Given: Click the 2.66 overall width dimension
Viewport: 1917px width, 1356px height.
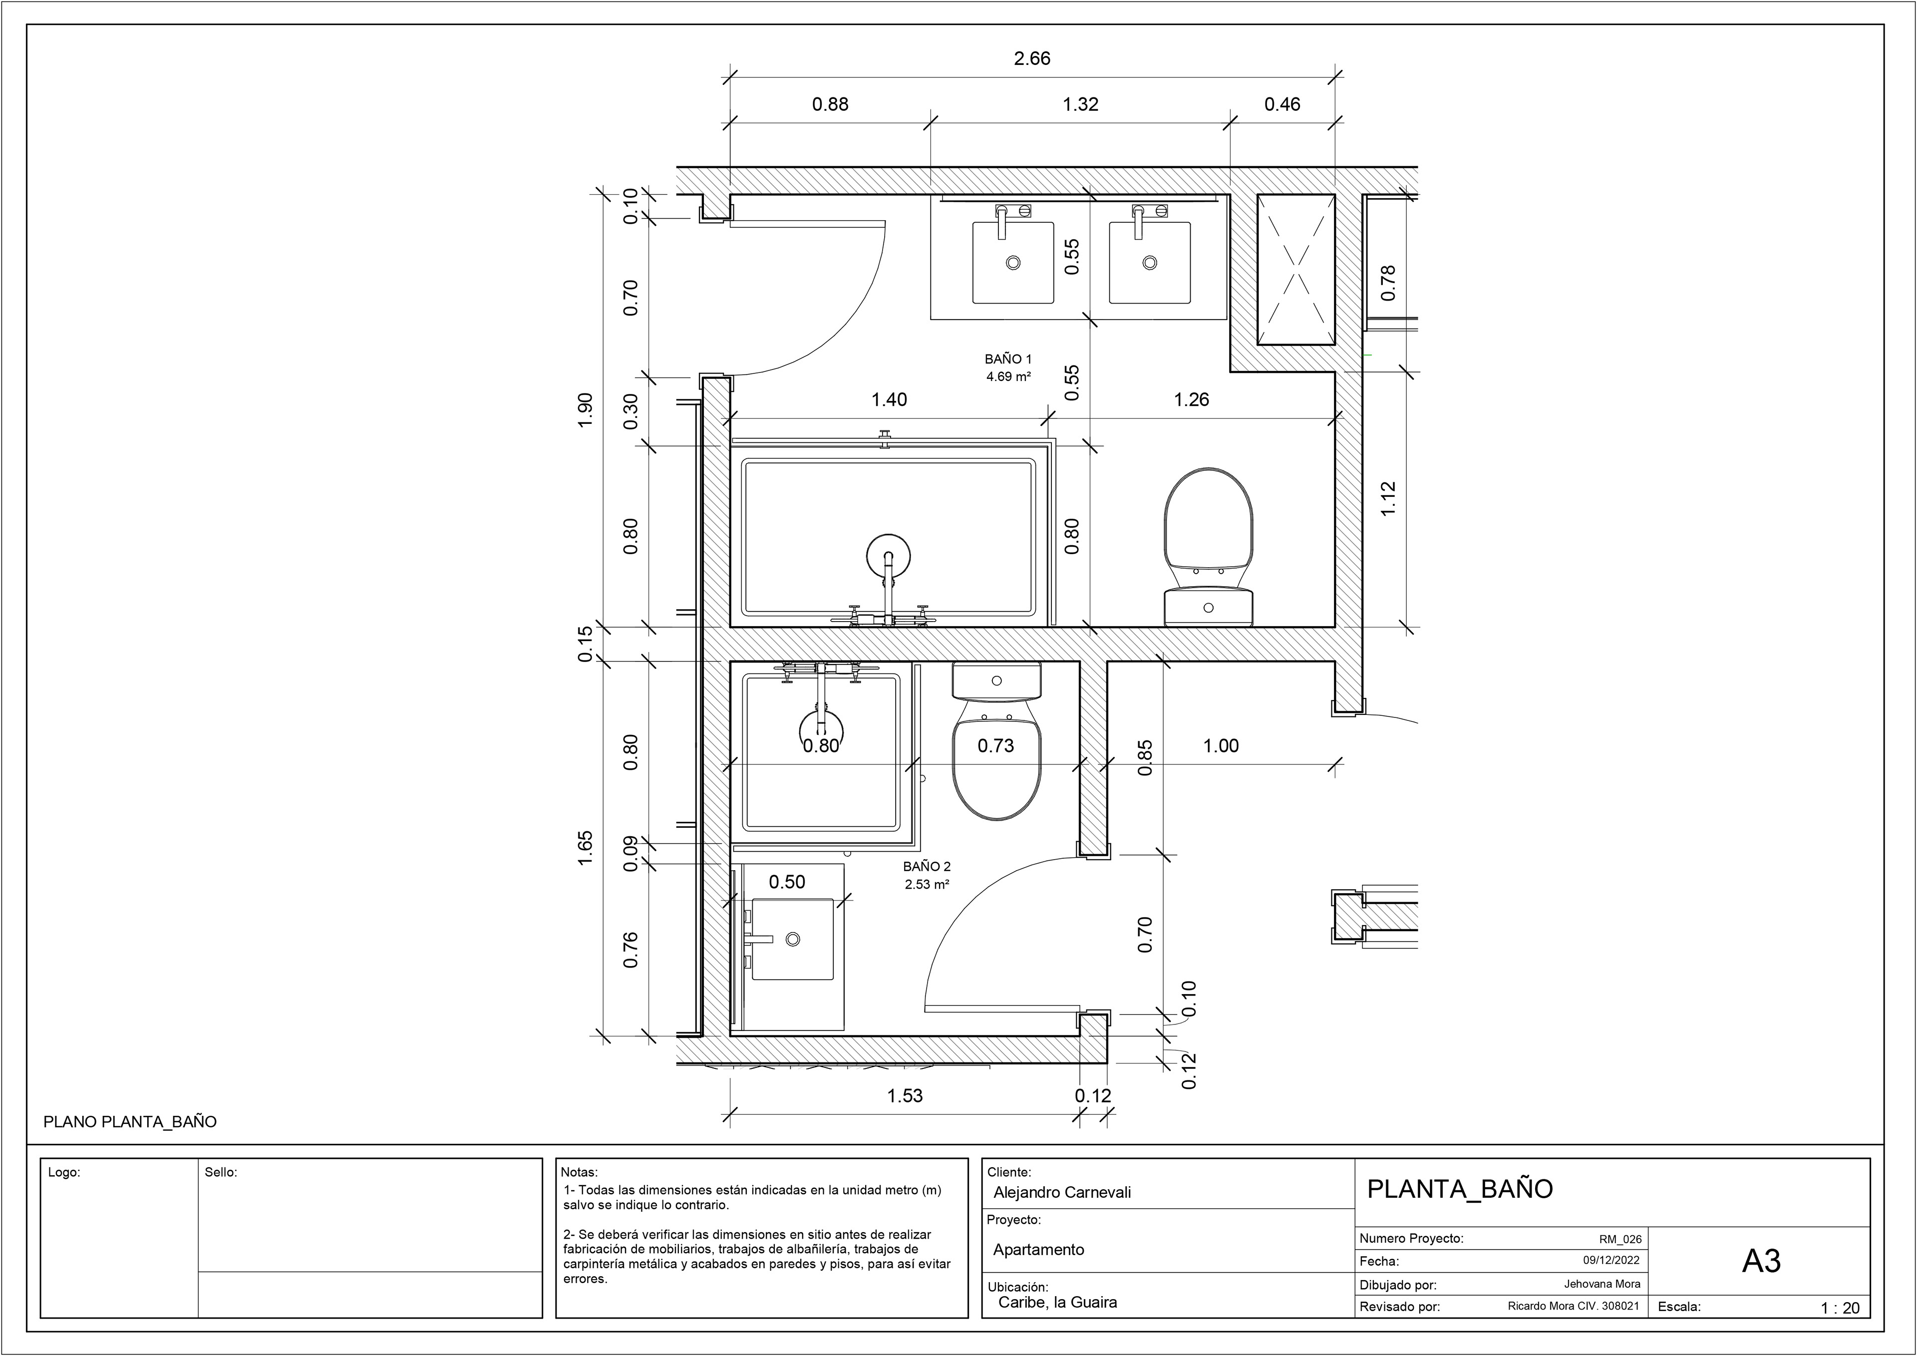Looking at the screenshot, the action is point(1032,58).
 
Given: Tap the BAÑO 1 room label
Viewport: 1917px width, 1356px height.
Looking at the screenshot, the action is point(1008,359).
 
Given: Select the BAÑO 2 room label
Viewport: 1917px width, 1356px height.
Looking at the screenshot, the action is point(927,867).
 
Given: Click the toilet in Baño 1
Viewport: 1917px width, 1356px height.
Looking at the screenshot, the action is point(1208,547).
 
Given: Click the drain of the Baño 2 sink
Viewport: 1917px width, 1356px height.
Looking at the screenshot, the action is point(792,939).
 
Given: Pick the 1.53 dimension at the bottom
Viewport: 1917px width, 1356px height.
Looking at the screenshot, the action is point(905,1095).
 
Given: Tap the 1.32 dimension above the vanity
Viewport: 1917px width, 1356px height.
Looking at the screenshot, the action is point(1080,104).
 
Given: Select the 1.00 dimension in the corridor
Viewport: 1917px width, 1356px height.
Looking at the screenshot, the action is point(1221,745).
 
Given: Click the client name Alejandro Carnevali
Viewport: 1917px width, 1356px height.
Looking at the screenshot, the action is point(1062,1192).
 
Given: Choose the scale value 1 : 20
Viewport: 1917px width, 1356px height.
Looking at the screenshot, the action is point(1840,1308).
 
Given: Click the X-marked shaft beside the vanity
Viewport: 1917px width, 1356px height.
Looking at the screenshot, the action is point(1296,269).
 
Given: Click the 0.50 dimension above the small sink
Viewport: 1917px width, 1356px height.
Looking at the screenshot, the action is point(786,882).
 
